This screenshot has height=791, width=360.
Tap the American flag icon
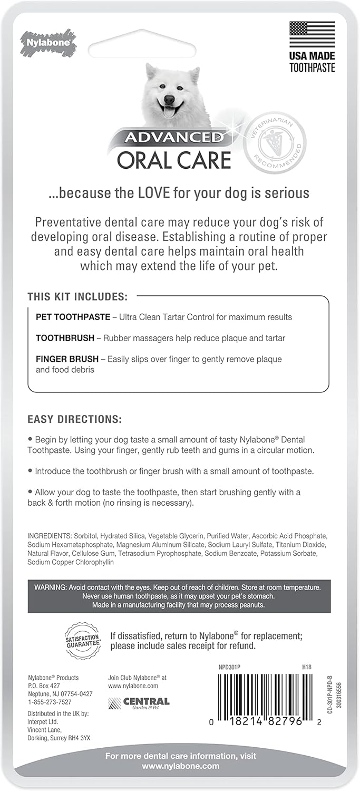[312, 34]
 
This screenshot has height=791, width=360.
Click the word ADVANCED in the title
[173, 138]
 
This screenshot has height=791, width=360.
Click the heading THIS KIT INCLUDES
[77, 296]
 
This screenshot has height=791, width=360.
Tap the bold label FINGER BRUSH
[67, 359]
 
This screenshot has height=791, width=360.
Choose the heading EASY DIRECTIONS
[75, 420]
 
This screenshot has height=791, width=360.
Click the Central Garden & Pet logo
[139, 702]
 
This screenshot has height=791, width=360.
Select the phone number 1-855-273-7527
[50, 702]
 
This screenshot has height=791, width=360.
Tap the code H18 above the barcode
[307, 667]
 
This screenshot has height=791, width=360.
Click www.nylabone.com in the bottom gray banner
[180, 766]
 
